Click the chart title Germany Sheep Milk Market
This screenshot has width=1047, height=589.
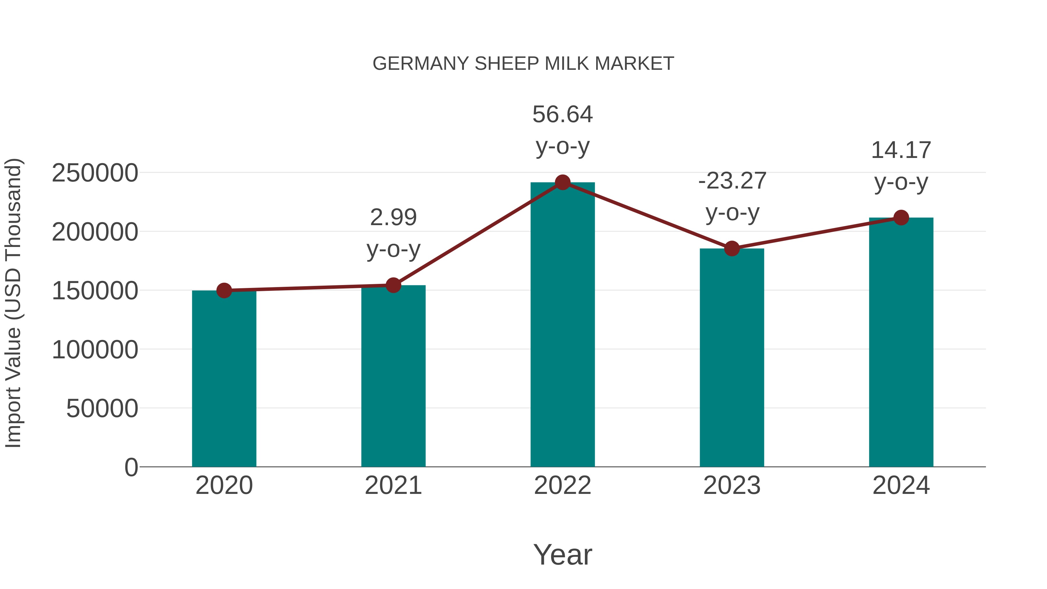pos(523,64)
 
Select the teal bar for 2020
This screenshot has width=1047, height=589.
pos(224,378)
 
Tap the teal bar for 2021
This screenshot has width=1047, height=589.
pos(393,376)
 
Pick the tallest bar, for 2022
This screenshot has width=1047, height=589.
pos(562,325)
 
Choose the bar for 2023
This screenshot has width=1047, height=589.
pos(732,358)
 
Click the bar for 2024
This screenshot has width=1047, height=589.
pos(901,341)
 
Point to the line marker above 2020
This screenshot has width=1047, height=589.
pos(224,290)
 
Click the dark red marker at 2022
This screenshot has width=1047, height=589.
pos(562,182)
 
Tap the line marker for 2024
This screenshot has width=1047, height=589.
pos(901,218)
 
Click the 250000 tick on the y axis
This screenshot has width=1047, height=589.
pos(95,173)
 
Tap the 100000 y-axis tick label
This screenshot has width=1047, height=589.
pos(95,350)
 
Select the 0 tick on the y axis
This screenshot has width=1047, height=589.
pos(131,467)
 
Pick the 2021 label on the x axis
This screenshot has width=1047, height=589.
pos(393,485)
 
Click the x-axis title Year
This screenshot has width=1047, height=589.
pos(562,554)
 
